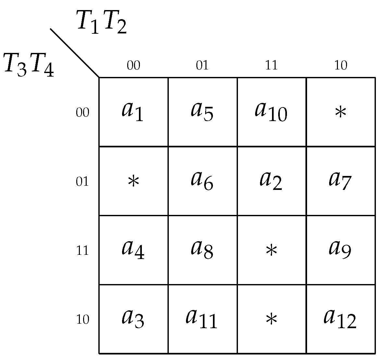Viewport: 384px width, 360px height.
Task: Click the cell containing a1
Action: (133, 112)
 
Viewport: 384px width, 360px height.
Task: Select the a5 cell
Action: (202, 112)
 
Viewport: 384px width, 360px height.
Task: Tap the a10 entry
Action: (271, 112)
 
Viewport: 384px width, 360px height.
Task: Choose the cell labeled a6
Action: (202, 181)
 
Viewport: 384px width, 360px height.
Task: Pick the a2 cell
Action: (271, 181)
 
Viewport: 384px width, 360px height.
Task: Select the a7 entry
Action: (340, 181)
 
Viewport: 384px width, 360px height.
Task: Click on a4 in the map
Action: (133, 250)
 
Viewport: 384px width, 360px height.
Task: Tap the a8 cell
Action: (202, 250)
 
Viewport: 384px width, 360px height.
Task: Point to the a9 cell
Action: (340, 250)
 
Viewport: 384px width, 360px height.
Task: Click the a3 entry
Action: (133, 319)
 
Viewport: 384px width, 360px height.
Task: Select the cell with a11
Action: (202, 319)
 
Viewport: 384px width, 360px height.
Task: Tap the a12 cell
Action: (340, 319)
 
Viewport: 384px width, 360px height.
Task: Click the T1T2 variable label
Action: (101, 22)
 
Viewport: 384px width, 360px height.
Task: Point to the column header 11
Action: (271, 66)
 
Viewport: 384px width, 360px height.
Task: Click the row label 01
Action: (82, 181)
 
